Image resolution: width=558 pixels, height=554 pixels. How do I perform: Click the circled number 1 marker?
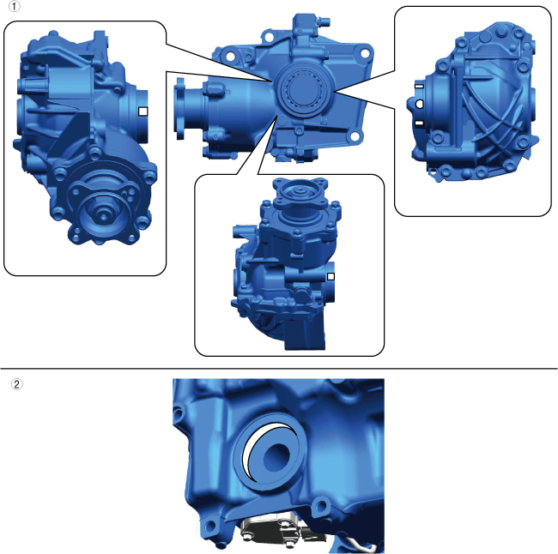pyautogui.click(x=15, y=6)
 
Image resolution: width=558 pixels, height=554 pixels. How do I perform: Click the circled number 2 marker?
pyautogui.click(x=16, y=384)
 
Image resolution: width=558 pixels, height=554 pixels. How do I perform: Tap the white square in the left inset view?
pyautogui.click(x=143, y=111)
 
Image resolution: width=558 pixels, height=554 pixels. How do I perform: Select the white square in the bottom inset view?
pyautogui.click(x=331, y=276)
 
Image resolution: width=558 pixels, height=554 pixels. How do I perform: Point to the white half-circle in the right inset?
pyautogui.click(x=419, y=104)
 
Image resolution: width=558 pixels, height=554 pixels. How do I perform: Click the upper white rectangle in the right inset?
pyautogui.click(x=419, y=86)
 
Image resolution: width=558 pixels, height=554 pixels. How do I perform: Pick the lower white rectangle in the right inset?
pyautogui.click(x=419, y=123)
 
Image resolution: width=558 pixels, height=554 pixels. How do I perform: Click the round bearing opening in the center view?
pyautogui.click(x=303, y=90)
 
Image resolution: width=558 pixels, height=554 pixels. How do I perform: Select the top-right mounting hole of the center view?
pyautogui.click(x=365, y=53)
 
